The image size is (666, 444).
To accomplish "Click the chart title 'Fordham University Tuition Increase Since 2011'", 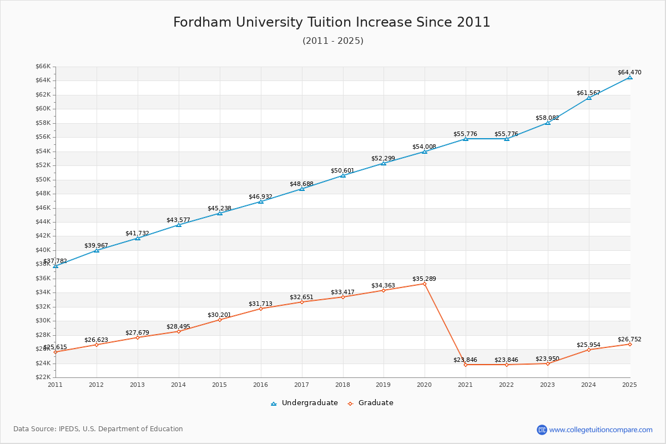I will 332,22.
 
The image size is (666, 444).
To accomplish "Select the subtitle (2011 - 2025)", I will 332,41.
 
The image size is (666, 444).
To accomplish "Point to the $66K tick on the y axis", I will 43,67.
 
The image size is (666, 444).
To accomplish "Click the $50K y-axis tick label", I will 43,179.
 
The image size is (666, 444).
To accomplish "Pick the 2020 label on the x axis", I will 425,384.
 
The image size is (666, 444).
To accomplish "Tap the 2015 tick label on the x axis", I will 219,384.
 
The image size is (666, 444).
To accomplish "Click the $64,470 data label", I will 629,72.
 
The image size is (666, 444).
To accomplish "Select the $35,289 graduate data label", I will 424,279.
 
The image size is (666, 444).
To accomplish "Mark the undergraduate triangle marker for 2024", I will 589,98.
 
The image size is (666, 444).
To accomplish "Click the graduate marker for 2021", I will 466,365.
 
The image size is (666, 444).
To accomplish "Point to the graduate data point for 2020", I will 425,284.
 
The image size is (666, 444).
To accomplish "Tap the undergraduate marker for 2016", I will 261,201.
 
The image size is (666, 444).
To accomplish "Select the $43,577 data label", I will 178,220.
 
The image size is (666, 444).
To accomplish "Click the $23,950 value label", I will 547,359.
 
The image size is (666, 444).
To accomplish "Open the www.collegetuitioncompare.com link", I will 601,430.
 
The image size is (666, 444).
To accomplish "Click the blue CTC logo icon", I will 542,430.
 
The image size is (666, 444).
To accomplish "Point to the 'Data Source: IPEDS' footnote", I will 98,429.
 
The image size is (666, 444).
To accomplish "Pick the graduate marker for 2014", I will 178,331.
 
